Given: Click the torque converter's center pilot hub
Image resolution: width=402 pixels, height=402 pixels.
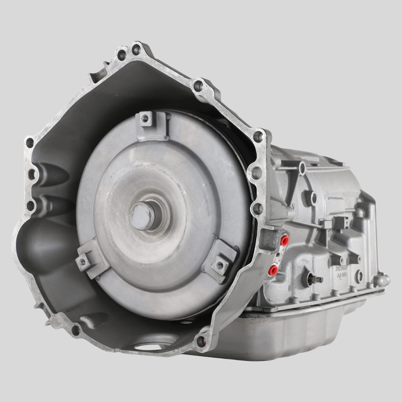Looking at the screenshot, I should [142, 216].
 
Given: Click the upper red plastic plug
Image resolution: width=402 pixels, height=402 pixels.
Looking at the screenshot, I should [284, 240].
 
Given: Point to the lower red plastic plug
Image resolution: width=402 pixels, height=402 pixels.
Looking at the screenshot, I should [272, 269].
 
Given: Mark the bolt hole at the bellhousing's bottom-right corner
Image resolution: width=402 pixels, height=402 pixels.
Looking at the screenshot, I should [201, 341].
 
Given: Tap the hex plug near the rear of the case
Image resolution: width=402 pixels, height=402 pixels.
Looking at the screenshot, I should [358, 276].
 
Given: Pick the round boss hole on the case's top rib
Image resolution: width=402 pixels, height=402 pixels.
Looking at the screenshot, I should [302, 168].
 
